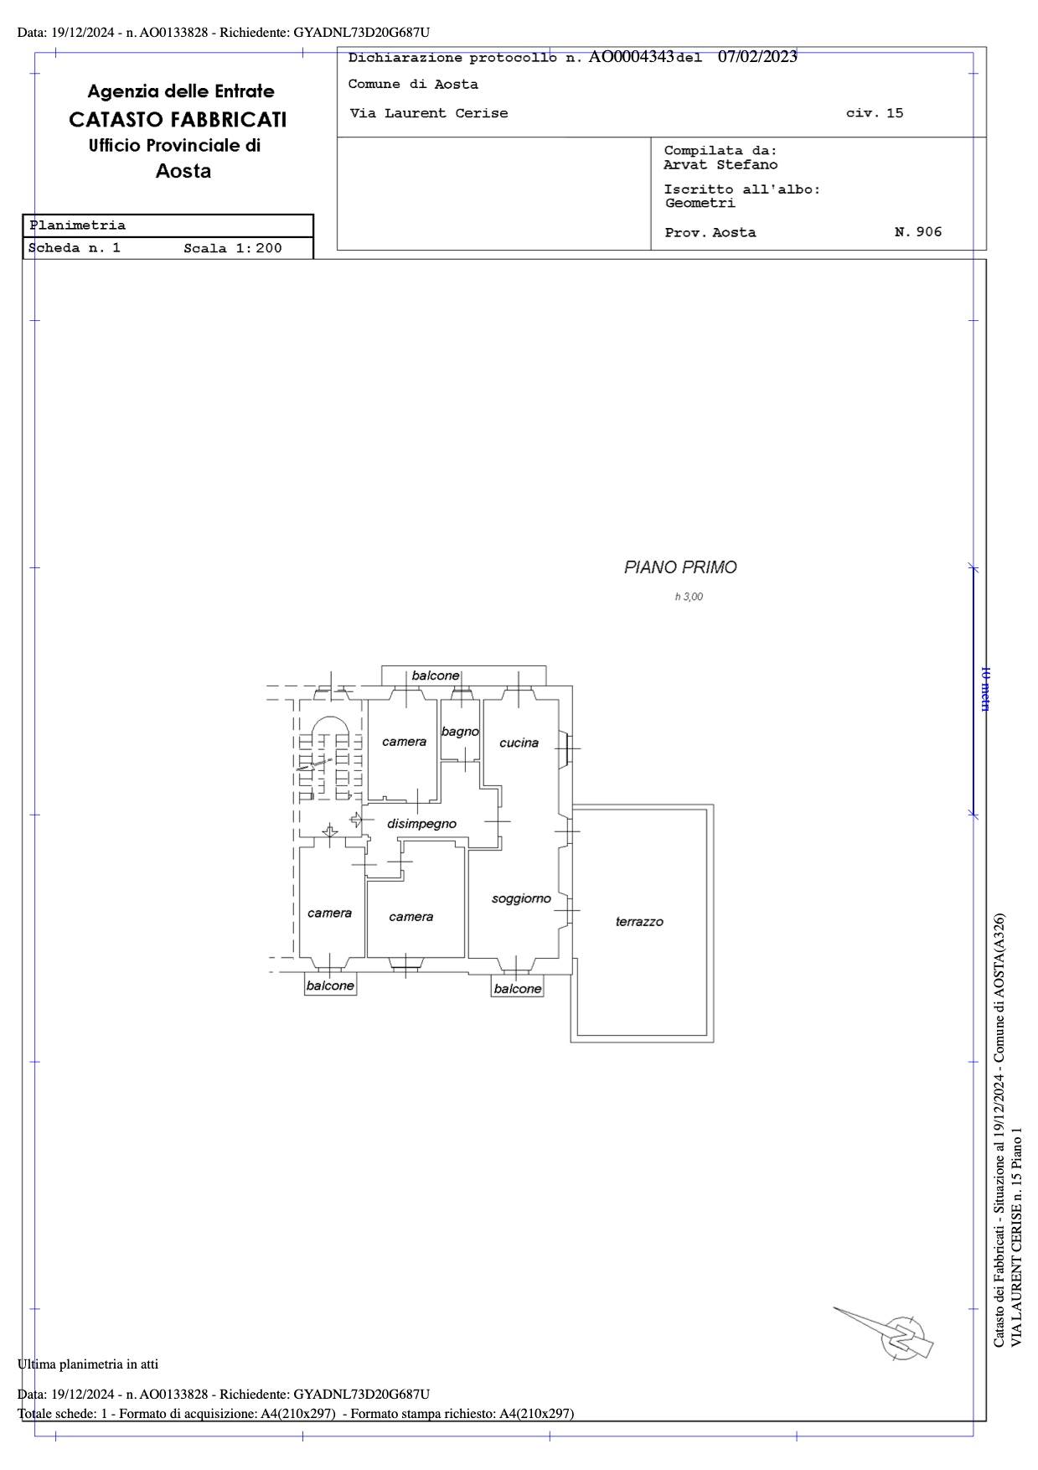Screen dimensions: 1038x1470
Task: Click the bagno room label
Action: tap(460, 732)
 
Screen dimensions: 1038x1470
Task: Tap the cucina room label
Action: tap(519, 743)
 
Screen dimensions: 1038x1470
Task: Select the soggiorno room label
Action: tap(521, 898)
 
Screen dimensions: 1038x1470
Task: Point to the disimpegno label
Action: tap(421, 824)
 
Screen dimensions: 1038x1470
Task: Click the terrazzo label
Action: tap(639, 922)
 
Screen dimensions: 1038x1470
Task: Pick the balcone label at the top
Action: tap(436, 675)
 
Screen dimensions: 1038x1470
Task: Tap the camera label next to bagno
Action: tap(404, 742)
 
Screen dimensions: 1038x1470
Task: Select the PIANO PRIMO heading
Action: tap(680, 567)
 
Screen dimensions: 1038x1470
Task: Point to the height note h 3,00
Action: tap(689, 597)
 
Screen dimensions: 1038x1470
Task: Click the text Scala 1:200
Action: tap(233, 248)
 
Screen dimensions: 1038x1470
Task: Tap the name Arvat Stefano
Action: tap(720, 165)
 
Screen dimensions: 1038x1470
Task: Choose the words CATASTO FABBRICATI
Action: tap(178, 120)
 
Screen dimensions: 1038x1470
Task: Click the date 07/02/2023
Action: tap(757, 57)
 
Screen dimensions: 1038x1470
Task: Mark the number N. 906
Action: tap(918, 232)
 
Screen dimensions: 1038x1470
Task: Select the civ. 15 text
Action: tap(875, 113)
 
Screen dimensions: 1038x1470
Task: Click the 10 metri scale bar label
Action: tap(986, 689)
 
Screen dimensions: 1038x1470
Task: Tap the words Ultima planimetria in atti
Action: tap(88, 1364)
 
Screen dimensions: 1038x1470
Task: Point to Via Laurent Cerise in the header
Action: tap(429, 113)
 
